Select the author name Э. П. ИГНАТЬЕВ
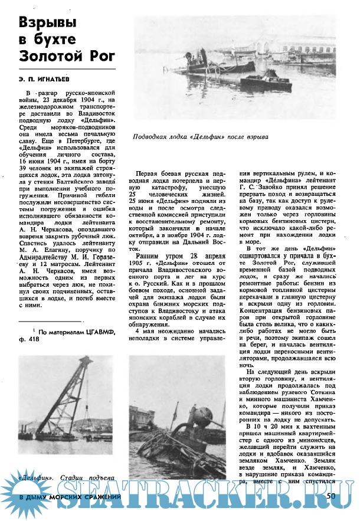click(46, 78)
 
